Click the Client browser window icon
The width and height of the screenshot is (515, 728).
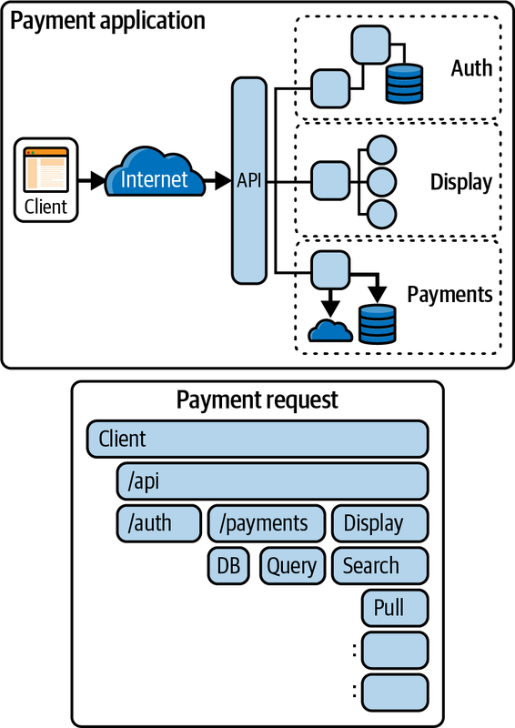46,170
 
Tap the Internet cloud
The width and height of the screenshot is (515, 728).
155,173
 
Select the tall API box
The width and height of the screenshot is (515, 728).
249,180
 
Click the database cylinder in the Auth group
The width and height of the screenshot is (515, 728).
405,83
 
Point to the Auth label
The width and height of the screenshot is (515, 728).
471,68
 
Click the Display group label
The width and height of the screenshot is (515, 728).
461,182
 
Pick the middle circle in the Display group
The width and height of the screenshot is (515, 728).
382,182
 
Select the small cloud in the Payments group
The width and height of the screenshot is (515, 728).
330,329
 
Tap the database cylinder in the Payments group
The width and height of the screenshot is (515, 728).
378,324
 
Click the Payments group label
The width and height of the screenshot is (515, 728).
449,294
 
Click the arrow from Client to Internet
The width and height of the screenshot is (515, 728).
92,180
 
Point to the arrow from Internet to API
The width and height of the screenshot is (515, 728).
217,180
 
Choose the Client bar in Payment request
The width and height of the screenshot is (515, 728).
257,439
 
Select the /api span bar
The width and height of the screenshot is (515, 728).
272,481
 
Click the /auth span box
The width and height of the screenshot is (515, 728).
159,524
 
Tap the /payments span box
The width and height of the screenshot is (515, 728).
266,524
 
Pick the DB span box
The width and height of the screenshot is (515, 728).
228,566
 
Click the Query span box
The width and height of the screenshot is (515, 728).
293,566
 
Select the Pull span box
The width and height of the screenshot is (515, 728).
395,608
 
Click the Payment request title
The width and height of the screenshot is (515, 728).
257,400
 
